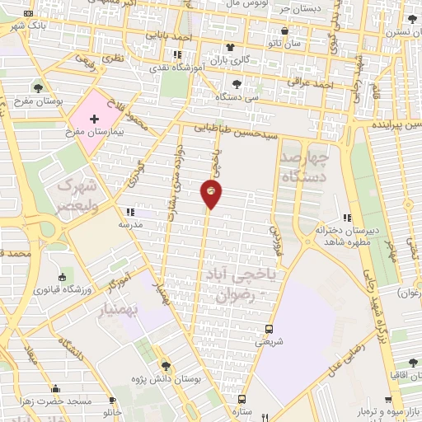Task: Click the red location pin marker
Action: [x=210, y=193]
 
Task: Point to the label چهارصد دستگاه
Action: [x=304, y=166]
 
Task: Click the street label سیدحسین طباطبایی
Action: [x=239, y=129]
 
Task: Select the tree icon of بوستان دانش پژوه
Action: [x=166, y=365]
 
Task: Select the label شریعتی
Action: [x=268, y=340]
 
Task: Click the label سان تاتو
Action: [x=296, y=41]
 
